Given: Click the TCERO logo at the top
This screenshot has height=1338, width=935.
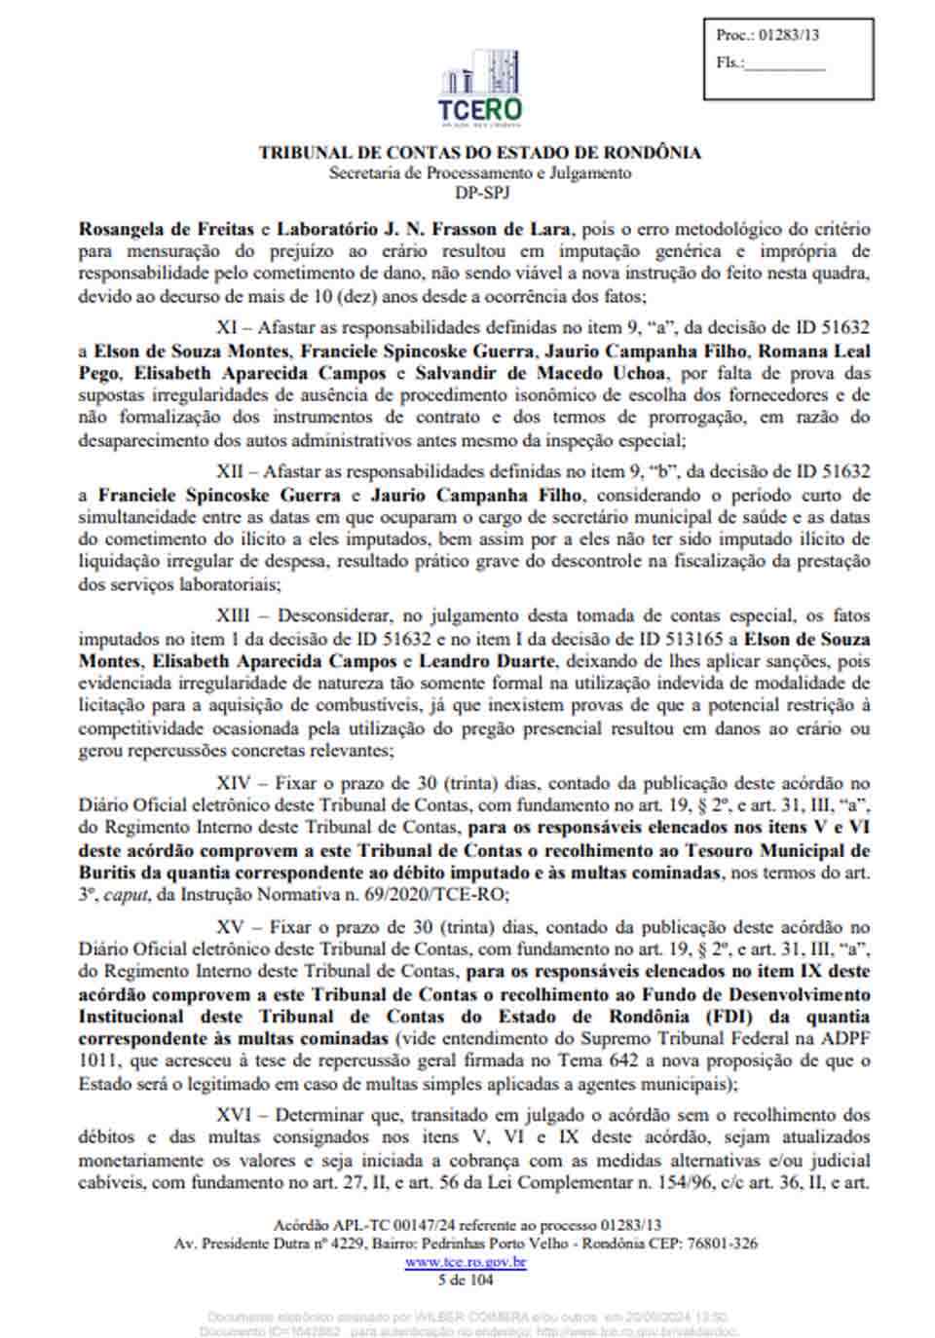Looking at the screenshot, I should point(480,89).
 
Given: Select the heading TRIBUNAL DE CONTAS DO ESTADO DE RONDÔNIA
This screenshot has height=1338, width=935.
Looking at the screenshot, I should point(479,153).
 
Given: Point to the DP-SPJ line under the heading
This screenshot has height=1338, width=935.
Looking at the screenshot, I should point(481,192).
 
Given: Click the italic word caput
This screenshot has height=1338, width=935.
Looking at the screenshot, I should point(125,894).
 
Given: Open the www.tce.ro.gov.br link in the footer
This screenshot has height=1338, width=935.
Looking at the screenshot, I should point(466,1262).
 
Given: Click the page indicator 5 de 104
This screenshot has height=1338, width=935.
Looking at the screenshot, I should point(466,1280).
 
